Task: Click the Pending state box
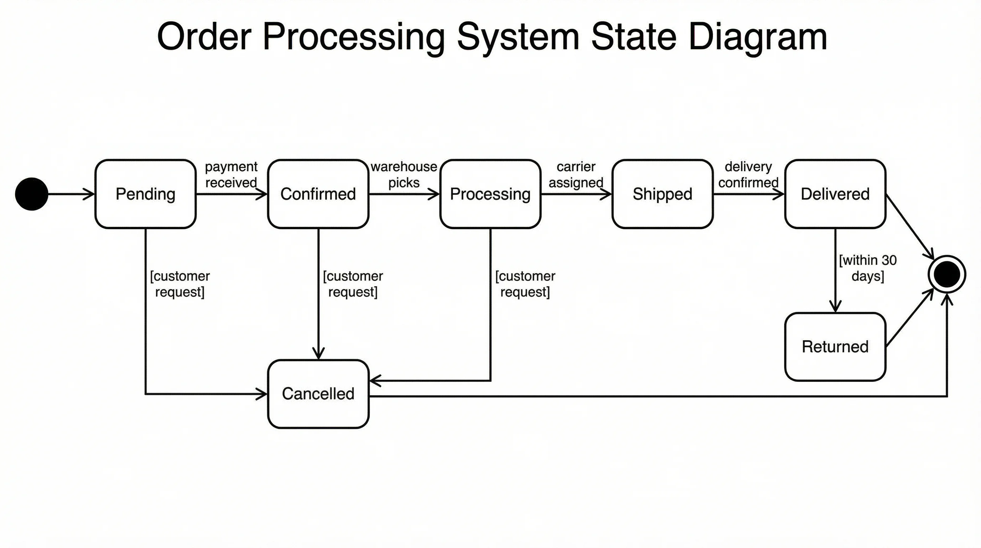click(x=145, y=194)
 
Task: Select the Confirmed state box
click(x=318, y=194)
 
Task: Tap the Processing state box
click(x=490, y=194)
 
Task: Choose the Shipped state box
click(x=662, y=194)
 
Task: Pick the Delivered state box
click(x=835, y=194)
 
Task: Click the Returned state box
click(x=835, y=347)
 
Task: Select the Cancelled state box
click(x=318, y=394)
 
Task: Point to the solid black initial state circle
click(x=32, y=194)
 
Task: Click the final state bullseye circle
click(x=947, y=274)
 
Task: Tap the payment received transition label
click(x=231, y=174)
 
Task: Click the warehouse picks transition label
click(x=404, y=174)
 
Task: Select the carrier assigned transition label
click(x=576, y=174)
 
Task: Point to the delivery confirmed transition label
click(x=748, y=174)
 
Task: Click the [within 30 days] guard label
click(x=868, y=268)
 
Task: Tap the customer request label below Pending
click(x=180, y=284)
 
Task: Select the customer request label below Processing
click(x=525, y=284)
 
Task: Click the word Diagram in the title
click(x=757, y=37)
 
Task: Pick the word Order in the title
click(x=204, y=37)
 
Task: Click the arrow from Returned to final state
click(x=910, y=318)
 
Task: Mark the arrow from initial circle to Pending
click(x=71, y=194)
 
